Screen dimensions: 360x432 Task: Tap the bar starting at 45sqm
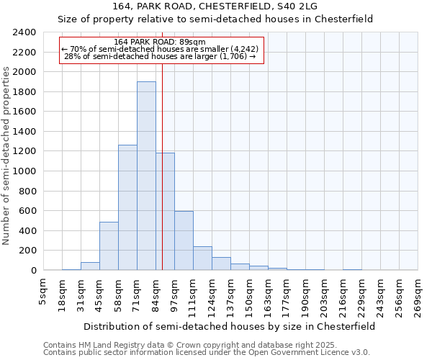109,246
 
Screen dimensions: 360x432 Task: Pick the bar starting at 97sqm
184,240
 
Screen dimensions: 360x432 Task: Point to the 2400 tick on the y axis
25,32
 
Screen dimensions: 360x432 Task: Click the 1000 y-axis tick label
25,171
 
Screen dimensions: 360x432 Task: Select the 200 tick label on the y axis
28,251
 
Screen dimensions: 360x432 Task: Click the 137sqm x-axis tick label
231,293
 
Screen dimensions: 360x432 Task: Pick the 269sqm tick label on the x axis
418,293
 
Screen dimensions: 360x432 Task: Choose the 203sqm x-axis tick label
325,293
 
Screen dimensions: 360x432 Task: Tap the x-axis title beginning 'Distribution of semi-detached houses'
229,326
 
